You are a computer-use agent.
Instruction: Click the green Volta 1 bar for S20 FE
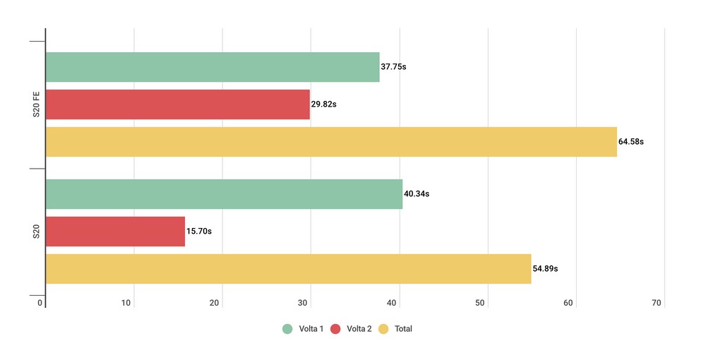(x=212, y=67)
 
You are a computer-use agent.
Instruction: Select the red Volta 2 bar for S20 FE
(x=177, y=104)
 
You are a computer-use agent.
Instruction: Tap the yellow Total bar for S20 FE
(x=330, y=142)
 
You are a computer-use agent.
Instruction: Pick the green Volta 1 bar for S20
(x=223, y=194)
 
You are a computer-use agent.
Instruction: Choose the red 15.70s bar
(x=115, y=232)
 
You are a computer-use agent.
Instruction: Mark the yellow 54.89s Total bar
(x=288, y=269)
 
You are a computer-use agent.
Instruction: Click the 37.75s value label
(x=393, y=67)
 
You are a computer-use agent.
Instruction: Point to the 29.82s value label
(x=324, y=104)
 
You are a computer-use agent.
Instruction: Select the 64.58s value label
(x=631, y=142)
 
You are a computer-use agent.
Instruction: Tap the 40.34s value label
(x=417, y=194)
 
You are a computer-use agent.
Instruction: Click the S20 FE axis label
(x=36, y=104)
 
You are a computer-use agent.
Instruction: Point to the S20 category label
(x=36, y=232)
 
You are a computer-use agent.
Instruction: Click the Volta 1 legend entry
(x=303, y=329)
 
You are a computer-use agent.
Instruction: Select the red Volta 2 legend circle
(x=335, y=329)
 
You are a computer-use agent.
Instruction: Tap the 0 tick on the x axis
(x=41, y=304)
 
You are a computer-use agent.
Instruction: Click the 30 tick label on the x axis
(x=304, y=304)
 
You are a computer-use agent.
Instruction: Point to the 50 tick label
(x=480, y=304)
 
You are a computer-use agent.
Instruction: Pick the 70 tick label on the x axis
(x=657, y=304)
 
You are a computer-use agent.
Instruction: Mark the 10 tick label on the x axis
(x=127, y=304)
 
